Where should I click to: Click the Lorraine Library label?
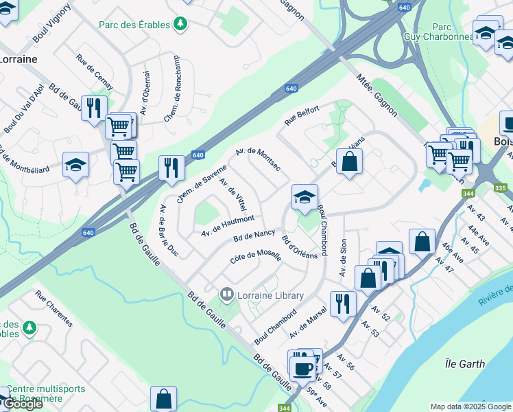point(270,295)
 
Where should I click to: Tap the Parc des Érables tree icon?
point(180,25)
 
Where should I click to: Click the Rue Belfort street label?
point(302,115)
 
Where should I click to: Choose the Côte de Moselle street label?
point(255,259)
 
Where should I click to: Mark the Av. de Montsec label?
point(257,160)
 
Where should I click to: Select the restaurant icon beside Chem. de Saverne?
point(171,168)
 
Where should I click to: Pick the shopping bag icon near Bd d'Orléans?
point(349,162)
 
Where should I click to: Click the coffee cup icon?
point(302,369)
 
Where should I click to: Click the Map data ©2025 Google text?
point(470,407)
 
